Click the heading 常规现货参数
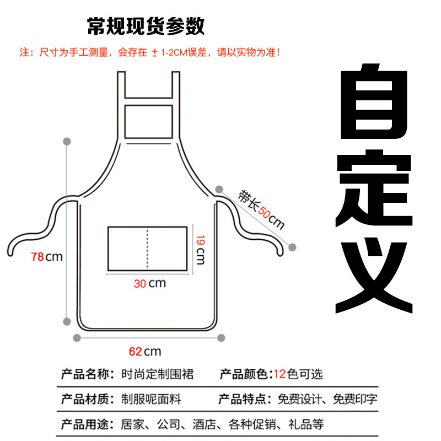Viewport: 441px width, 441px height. tap(146, 25)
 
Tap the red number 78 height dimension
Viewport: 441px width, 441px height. tap(38, 256)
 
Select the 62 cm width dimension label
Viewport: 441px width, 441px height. tap(145, 351)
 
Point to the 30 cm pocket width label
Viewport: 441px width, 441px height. tap(149, 284)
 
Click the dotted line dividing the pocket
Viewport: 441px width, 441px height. tap(147, 248)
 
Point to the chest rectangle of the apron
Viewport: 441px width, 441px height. tap(148, 121)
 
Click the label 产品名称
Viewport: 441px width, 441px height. tap(87, 374)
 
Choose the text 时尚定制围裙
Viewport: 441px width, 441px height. tap(158, 374)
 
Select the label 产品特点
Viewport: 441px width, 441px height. tap(243, 399)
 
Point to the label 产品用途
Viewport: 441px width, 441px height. tap(87, 424)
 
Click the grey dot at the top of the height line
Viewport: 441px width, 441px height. tap(67, 142)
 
